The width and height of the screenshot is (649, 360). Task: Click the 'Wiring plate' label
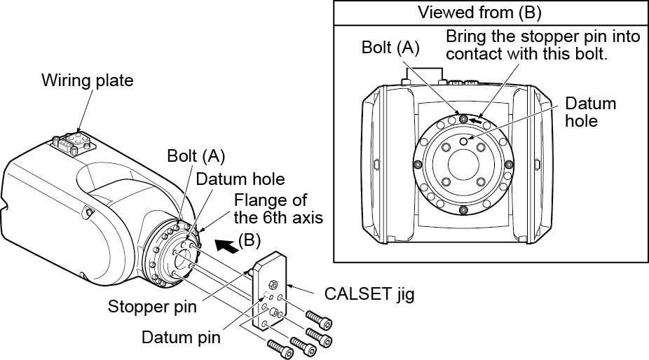(x=87, y=80)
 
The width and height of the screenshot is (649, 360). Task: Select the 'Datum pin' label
(x=181, y=338)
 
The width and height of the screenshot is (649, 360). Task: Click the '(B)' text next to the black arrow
(x=250, y=239)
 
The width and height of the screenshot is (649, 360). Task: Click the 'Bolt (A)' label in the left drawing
(x=196, y=155)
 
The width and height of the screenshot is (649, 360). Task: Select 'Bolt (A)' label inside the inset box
(x=390, y=48)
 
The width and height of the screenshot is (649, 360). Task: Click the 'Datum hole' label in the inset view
(x=591, y=111)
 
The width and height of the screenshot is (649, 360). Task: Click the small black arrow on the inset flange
(x=477, y=120)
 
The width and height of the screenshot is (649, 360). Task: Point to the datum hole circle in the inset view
(x=464, y=141)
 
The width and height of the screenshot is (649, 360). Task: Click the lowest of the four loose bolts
(x=278, y=346)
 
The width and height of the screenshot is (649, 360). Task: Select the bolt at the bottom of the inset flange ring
(x=463, y=210)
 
